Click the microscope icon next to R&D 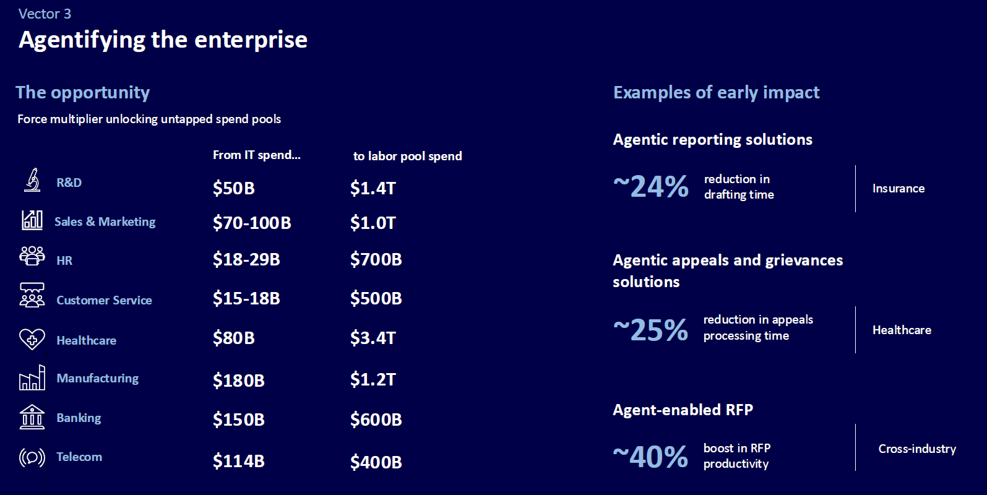click(32, 180)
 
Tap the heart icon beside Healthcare click(32, 339)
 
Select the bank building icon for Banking click(32, 417)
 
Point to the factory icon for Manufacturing click(32, 378)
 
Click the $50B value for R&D click(233, 188)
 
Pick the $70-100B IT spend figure click(251, 223)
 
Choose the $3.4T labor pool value click(373, 338)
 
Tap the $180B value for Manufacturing click(238, 380)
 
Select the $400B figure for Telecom click(376, 462)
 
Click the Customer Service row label click(104, 300)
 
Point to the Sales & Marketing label click(105, 222)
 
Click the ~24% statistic click(650, 186)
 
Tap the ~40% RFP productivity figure click(650, 457)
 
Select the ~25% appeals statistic click(650, 330)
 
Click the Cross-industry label click(917, 449)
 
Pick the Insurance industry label click(899, 188)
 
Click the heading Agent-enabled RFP click(683, 410)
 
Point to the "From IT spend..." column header click(256, 155)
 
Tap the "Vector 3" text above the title click(45, 14)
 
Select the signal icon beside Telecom click(32, 457)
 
